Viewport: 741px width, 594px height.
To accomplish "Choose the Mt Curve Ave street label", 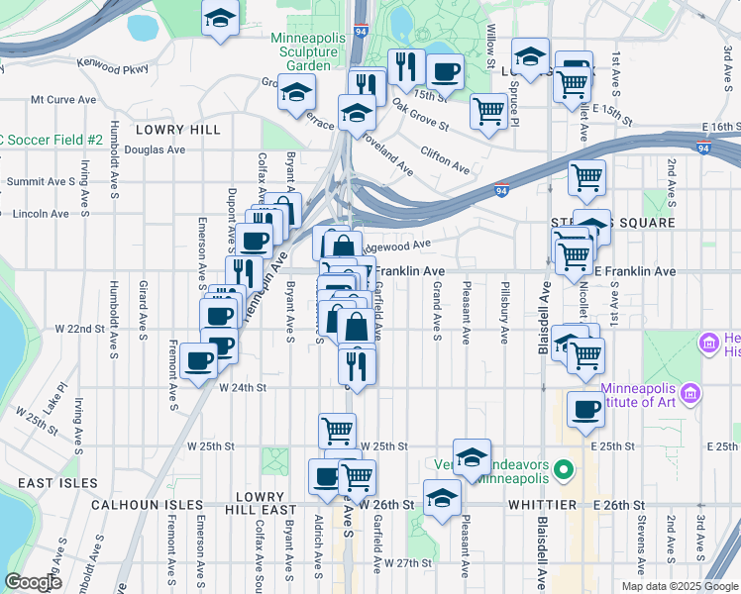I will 62,99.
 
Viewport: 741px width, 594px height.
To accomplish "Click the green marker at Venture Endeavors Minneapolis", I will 564,467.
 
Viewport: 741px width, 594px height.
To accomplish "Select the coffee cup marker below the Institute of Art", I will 585,409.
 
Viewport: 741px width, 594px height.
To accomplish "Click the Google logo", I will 34,582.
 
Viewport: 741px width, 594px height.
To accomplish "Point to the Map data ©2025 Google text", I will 679,586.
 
